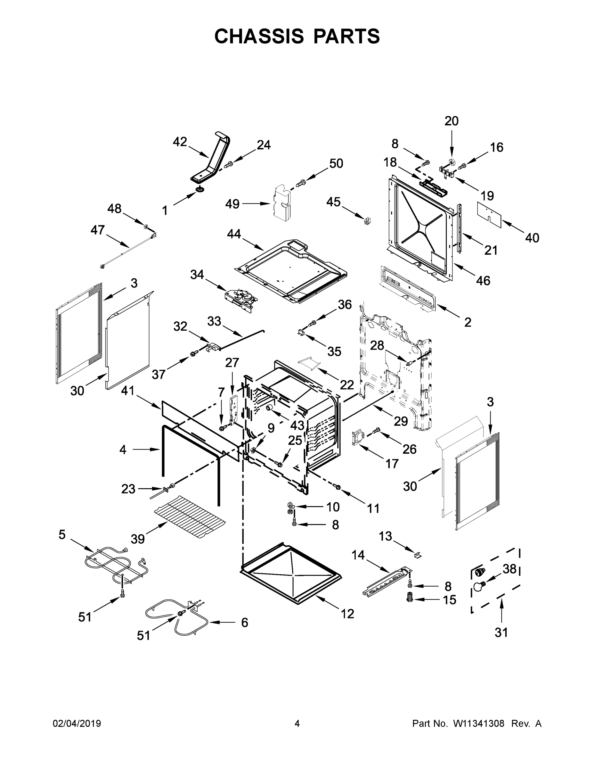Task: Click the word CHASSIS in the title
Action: tap(259, 36)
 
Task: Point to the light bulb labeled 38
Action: tap(478, 587)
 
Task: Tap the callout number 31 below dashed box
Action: tap(501, 642)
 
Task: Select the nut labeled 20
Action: tap(452, 162)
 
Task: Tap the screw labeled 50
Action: tap(301, 183)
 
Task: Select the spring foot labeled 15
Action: tap(409, 598)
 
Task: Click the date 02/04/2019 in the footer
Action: tap(77, 724)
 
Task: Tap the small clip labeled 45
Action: tap(368, 221)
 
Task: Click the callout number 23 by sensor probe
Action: tap(128, 489)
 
